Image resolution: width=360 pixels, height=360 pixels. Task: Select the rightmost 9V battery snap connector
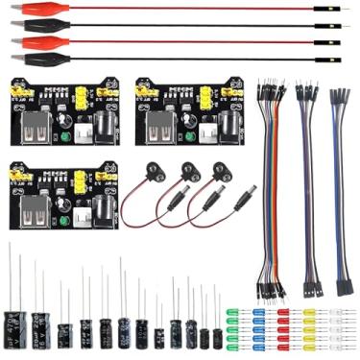pos(221,174)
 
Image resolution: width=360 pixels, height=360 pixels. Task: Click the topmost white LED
pos(335,312)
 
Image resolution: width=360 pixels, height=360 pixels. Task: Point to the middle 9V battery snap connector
pos(187,174)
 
